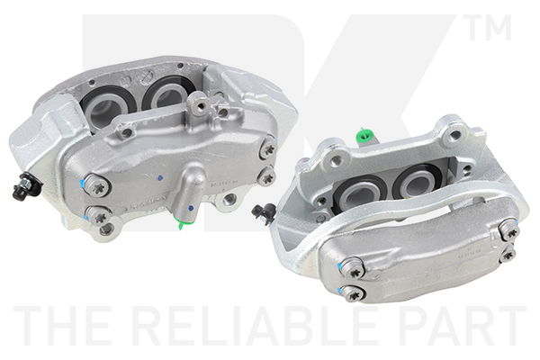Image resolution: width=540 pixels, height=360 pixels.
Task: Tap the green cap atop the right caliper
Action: pos(364,135)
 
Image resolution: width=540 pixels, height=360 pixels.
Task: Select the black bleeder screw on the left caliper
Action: pos(25,186)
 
